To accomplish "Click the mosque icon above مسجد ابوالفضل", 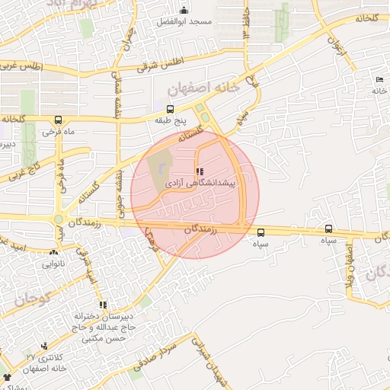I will (x=184, y=10).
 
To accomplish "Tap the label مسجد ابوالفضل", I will (x=185, y=23).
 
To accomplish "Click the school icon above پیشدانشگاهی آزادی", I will (x=199, y=171).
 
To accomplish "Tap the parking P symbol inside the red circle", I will (x=162, y=166).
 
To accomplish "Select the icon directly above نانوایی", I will (x=53, y=252).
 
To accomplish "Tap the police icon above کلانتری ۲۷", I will (x=44, y=346).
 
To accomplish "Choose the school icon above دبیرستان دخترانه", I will (x=103, y=305).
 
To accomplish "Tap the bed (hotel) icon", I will (x=379, y=80).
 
